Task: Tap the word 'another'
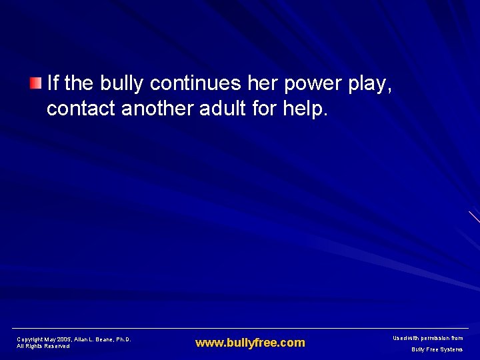click(157, 109)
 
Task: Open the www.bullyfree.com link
click(250, 343)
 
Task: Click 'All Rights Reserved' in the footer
click(43, 347)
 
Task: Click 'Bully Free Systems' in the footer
click(437, 349)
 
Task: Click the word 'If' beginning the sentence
click(53, 84)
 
